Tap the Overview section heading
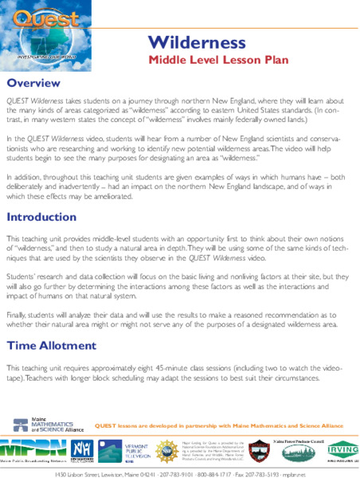(x=33, y=84)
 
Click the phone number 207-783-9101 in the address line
(x=170, y=472)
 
